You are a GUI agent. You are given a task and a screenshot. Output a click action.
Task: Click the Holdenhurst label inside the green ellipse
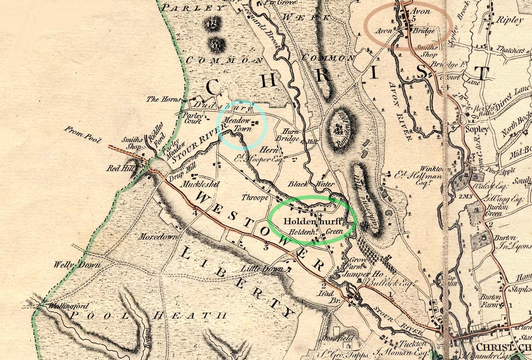(313, 221)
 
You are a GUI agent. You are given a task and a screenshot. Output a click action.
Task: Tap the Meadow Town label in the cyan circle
(237, 125)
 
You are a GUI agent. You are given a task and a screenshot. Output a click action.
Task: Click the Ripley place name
(510, 20)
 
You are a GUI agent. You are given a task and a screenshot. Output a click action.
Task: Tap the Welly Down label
(77, 265)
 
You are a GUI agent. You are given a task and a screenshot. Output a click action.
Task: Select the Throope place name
(255, 197)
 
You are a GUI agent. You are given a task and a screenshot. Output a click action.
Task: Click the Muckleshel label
(200, 184)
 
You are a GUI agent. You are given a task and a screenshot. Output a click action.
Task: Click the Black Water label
(311, 184)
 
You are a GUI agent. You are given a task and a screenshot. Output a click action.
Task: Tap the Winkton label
(432, 169)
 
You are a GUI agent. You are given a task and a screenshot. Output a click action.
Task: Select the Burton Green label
(497, 210)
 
